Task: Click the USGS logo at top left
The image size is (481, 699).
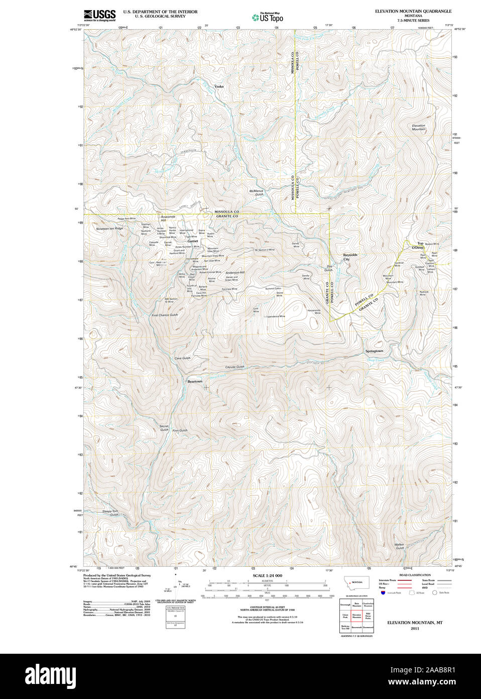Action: [x=99, y=15]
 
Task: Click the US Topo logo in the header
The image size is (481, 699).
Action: [x=268, y=17]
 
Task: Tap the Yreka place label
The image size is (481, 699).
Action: [x=219, y=86]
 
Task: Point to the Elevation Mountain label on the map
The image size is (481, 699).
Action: [x=418, y=127]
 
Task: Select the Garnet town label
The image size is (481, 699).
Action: [x=193, y=241]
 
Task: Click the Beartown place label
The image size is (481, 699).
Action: [x=195, y=381]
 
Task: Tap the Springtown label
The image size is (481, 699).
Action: [x=374, y=351]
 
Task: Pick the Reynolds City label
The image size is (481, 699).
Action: [x=350, y=256]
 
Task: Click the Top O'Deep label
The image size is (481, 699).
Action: [x=418, y=245]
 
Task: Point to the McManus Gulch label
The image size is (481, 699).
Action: [x=256, y=192]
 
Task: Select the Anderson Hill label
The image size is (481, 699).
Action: [x=235, y=273]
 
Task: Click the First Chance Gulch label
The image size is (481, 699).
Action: [x=165, y=315]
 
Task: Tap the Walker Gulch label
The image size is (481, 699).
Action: [x=399, y=546]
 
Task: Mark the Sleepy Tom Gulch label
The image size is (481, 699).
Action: [x=110, y=512]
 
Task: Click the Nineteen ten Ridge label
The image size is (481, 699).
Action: [x=109, y=229]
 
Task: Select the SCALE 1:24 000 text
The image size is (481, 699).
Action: [x=267, y=575]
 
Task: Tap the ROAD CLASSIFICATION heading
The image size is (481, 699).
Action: [x=415, y=575]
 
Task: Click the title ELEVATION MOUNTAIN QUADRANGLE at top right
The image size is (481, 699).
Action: [x=413, y=11]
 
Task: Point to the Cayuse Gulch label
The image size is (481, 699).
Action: [x=234, y=367]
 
